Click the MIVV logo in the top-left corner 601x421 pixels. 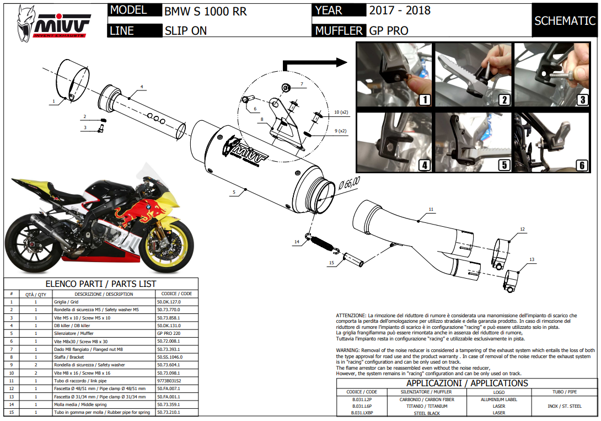tap(53, 23)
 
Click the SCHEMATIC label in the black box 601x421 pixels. tap(565, 21)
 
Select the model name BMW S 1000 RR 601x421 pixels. tap(206, 11)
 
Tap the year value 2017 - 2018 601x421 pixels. tap(400, 10)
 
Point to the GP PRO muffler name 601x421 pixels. tap(389, 30)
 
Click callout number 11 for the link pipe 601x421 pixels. tap(431, 209)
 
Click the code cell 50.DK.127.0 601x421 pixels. tap(169, 302)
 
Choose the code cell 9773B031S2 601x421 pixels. tap(169, 381)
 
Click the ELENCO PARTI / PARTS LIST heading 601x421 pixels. tap(100, 284)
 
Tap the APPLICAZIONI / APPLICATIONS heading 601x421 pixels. tap(466, 383)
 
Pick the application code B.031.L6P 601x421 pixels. tap(362, 406)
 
